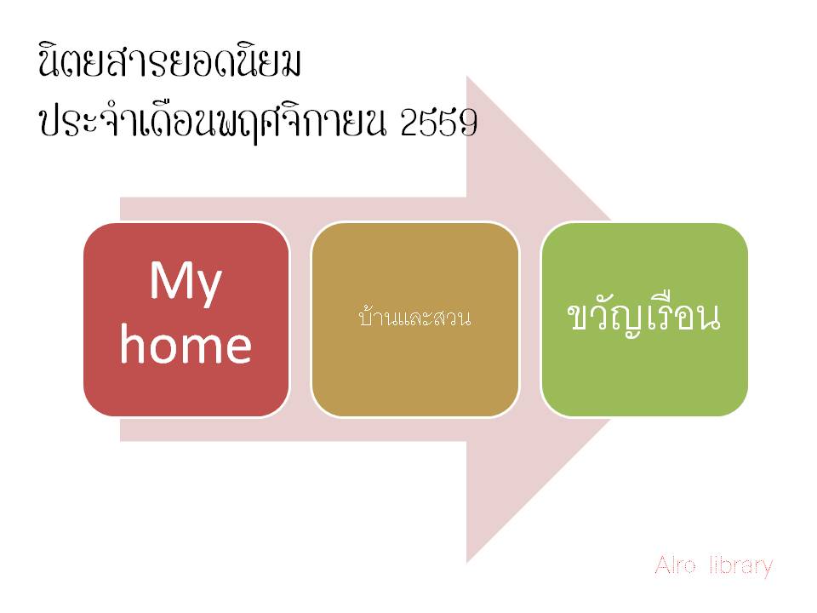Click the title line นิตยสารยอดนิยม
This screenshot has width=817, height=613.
[x=170, y=62]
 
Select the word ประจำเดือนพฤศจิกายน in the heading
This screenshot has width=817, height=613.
[x=213, y=123]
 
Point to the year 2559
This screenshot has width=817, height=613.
[x=439, y=123]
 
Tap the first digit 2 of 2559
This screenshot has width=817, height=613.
[x=409, y=123]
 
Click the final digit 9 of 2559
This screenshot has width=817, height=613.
[x=468, y=123]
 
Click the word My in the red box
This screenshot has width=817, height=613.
[x=186, y=283]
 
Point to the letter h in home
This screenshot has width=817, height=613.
[x=131, y=343]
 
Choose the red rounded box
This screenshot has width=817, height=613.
[x=186, y=319]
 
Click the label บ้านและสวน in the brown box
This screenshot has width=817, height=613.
[x=414, y=317]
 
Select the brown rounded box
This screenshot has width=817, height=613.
[x=414, y=319]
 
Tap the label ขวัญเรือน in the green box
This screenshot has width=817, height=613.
[x=644, y=315]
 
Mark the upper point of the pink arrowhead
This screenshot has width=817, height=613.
[x=467, y=76]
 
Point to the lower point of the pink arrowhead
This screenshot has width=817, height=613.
[x=467, y=563]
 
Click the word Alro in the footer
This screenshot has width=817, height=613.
[x=675, y=565]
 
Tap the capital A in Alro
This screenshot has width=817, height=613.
[x=663, y=565]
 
